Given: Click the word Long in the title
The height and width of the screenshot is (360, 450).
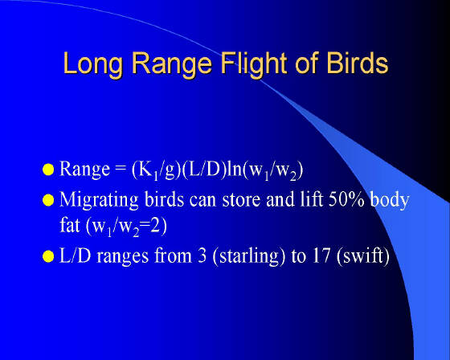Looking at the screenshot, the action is tap(93, 63).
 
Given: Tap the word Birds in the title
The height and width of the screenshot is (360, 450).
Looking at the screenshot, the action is tap(357, 63).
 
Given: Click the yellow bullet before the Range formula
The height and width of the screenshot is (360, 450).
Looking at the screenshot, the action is tap(48, 170).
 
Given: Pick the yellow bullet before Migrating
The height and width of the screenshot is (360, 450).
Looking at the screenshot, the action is tap(48, 200).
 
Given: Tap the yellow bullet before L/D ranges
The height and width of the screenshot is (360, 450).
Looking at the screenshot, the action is tap(48, 256).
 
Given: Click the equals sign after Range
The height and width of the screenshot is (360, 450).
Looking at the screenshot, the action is tap(121, 169).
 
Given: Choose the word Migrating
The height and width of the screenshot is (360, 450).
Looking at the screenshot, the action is tap(99, 200).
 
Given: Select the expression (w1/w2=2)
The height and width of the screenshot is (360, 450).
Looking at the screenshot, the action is tap(126, 227).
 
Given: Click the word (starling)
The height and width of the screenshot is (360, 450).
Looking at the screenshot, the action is tap(249, 256).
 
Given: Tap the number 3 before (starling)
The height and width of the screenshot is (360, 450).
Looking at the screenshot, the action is tap(202, 256).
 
